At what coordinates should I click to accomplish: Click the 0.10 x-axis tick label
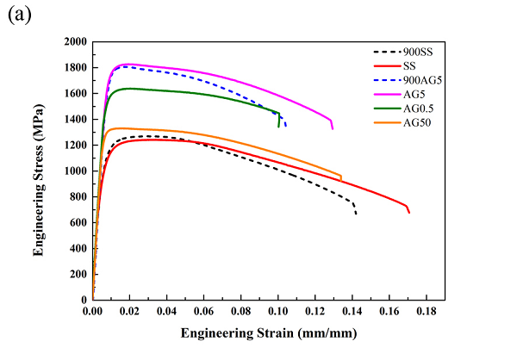(277, 310)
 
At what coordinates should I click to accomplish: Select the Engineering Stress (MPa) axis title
(39, 170)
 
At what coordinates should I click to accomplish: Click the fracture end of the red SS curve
(409, 212)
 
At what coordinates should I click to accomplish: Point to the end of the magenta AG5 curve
(333, 128)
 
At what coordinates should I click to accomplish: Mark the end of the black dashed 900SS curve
(356, 213)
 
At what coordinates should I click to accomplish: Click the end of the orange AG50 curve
(341, 179)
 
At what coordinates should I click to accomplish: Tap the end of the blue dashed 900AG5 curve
(285, 127)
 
